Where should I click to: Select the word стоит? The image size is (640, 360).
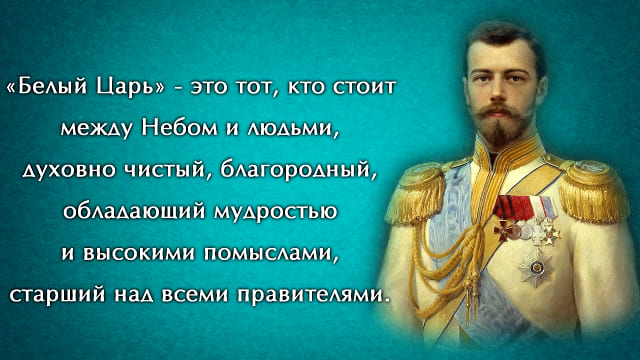(x=364, y=88)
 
